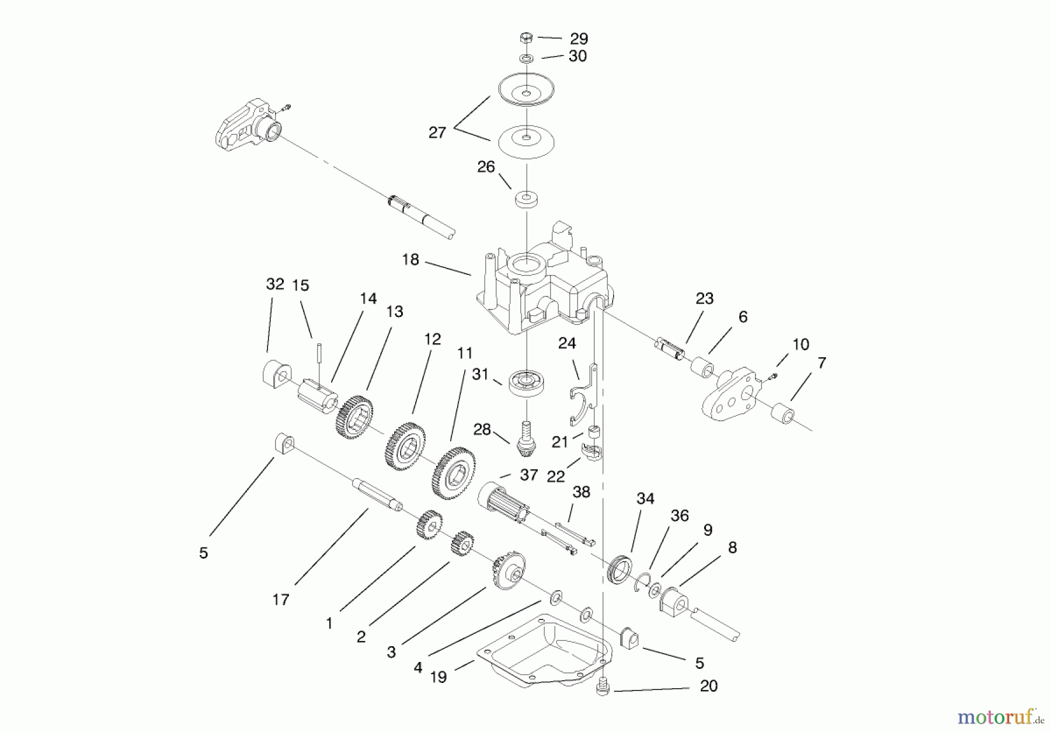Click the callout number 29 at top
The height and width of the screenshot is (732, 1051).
(x=579, y=39)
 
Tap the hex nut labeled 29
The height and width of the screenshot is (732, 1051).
(x=525, y=39)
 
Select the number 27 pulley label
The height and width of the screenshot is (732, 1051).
(x=437, y=133)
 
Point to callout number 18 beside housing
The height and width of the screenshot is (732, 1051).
(x=410, y=260)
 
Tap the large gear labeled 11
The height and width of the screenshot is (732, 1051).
(x=453, y=472)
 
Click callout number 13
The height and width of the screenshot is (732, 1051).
(x=395, y=312)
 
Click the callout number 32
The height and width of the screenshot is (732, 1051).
(x=275, y=284)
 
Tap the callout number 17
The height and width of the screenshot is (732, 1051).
(x=281, y=599)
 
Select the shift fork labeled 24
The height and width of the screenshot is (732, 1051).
(x=583, y=395)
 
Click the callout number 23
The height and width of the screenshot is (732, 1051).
(x=705, y=299)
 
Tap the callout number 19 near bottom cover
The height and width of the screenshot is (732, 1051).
(x=438, y=677)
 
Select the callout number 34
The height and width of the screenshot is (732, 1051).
(x=645, y=499)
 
